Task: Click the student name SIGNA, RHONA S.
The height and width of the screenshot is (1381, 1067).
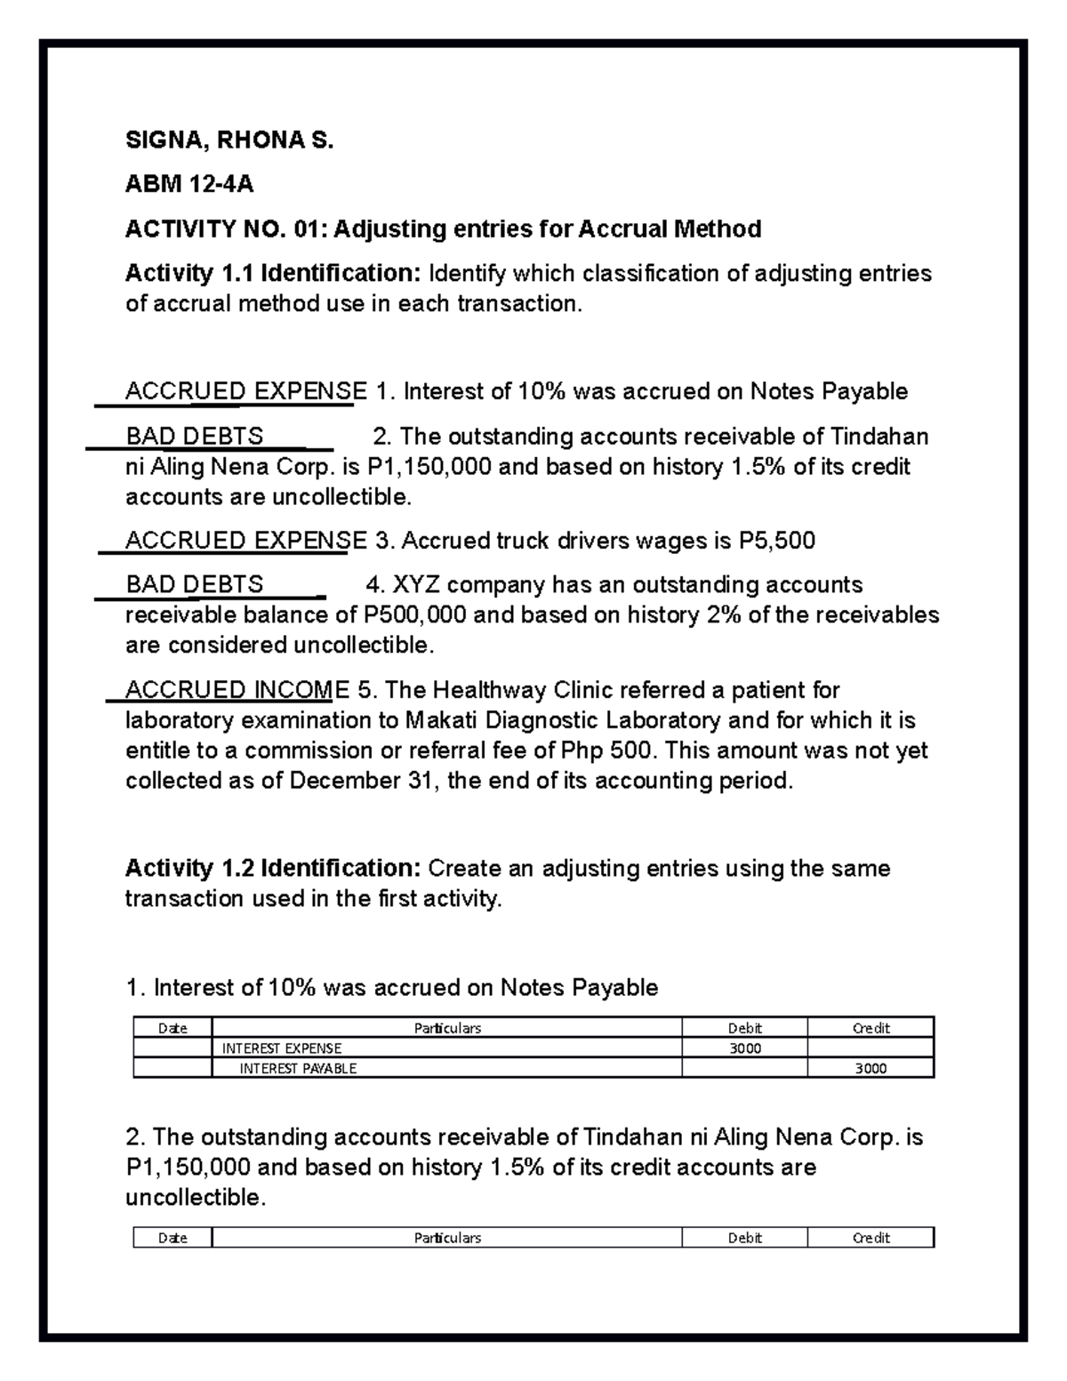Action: [229, 141]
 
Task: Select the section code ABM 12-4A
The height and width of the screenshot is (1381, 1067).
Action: [189, 184]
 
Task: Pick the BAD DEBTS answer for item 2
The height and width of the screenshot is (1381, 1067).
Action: [195, 437]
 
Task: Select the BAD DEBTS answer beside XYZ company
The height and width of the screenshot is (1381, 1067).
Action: [195, 585]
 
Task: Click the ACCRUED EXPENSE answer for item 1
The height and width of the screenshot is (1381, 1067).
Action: [245, 392]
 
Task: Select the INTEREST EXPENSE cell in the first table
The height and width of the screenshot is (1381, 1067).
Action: [282, 1048]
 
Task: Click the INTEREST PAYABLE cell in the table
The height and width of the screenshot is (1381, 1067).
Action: [298, 1069]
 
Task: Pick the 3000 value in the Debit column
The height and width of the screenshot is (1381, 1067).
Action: [744, 1048]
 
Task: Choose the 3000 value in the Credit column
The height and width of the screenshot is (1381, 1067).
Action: [870, 1069]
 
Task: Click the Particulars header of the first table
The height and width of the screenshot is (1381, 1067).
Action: [447, 1028]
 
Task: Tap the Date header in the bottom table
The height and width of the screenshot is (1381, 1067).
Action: [172, 1238]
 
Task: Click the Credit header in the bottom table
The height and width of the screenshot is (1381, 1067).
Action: [870, 1238]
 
